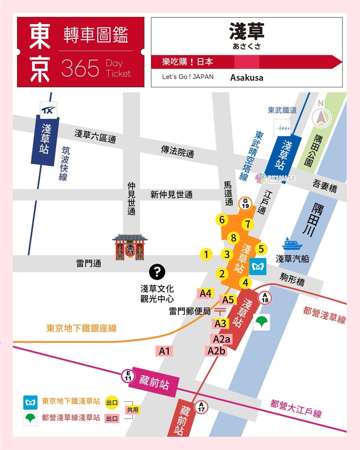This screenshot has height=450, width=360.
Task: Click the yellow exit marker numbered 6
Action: click(x=222, y=220)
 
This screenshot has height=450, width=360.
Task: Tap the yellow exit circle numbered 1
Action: click(x=206, y=255)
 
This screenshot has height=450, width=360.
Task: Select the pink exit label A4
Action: click(x=205, y=293)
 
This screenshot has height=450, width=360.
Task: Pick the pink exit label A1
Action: click(x=164, y=351)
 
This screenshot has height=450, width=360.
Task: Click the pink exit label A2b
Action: click(x=217, y=351)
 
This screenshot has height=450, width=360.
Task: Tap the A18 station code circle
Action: click(x=265, y=298)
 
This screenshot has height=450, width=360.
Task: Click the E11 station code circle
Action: click(x=128, y=376)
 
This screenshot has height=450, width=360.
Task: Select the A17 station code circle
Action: click(x=202, y=406)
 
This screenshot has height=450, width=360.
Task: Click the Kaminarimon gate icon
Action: click(x=130, y=247)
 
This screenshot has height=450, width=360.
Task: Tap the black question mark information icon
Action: click(x=157, y=271)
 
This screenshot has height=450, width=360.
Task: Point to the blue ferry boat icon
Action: click(x=292, y=244)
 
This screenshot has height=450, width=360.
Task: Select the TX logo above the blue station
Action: click(x=49, y=110)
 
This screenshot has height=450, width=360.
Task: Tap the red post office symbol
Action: click(x=221, y=311)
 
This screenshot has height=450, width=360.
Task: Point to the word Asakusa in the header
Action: click(x=246, y=78)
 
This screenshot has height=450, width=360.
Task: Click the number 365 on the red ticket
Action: click(x=80, y=68)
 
